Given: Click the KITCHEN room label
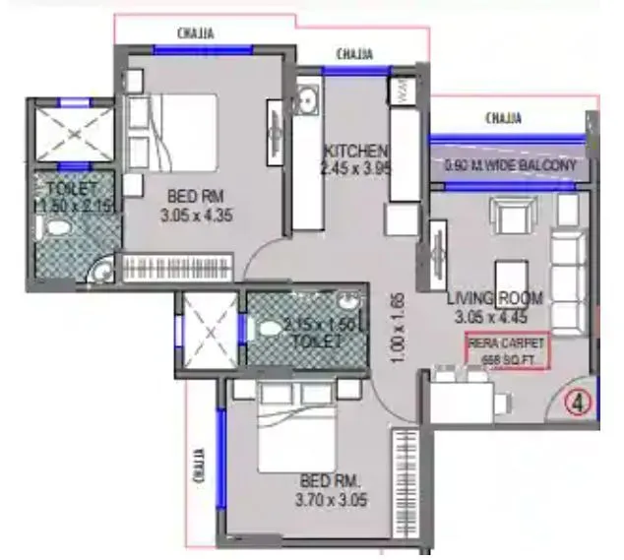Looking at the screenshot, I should tap(355, 151).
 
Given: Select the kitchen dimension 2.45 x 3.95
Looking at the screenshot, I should tap(355, 168).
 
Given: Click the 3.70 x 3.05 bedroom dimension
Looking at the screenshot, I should tap(334, 500).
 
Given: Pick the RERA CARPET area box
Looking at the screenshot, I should tap(506, 352).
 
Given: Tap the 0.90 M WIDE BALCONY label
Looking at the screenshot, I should tap(510, 165).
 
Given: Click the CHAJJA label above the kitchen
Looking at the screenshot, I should tap(354, 53).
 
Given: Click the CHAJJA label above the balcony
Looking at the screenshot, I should tap(509, 119).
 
